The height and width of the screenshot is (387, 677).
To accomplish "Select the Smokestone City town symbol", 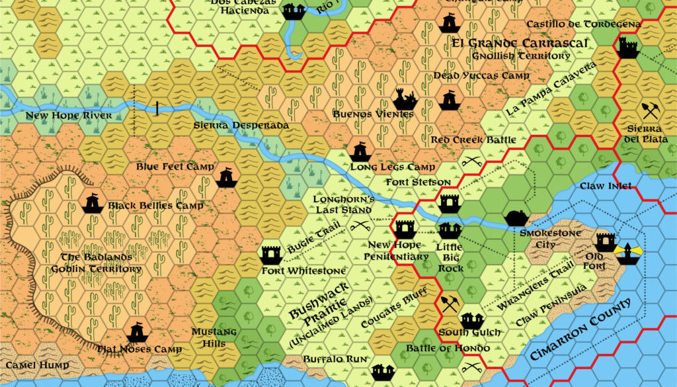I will coord(516,218).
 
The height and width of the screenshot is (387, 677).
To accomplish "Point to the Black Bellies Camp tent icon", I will coord(93,203).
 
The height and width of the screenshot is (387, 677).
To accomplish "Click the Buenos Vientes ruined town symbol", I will coord(405,100).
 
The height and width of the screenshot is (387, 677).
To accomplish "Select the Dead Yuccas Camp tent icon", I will coord(449,101).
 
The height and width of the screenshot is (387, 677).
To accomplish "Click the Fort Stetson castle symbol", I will coord(450,203).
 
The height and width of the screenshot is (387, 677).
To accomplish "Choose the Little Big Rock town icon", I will coord(450,230).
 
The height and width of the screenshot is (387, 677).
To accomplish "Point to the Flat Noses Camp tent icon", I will coord(137,332).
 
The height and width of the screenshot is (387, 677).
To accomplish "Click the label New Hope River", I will coord(60,116).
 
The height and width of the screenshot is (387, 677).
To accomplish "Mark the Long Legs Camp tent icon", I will coord(360,152).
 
